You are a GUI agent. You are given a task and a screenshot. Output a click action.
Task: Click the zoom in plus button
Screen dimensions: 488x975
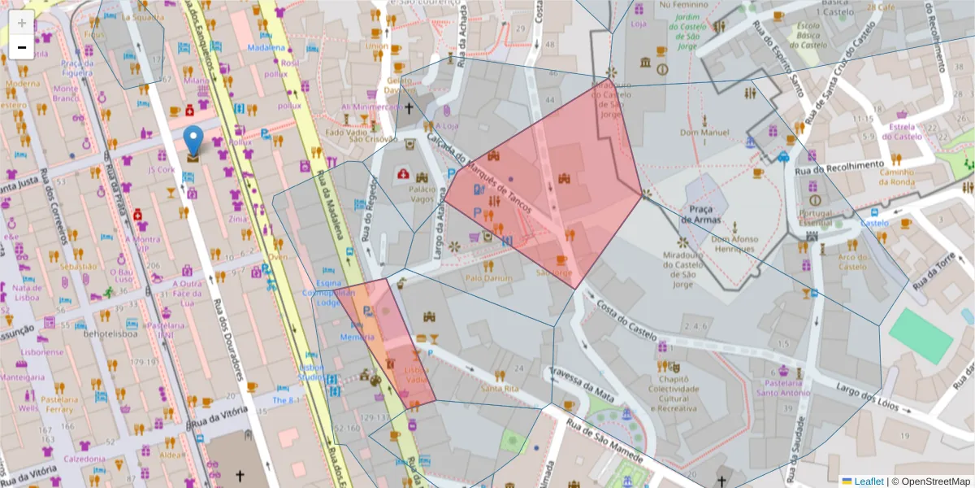coord(21,22)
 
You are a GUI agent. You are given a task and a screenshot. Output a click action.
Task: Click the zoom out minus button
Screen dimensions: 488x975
coord(21,47)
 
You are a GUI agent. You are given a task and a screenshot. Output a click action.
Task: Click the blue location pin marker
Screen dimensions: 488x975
coord(193,140)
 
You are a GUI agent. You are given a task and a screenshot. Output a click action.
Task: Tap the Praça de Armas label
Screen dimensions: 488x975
coord(695,215)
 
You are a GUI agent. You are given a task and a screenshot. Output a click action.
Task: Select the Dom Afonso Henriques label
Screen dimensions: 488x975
coord(734,245)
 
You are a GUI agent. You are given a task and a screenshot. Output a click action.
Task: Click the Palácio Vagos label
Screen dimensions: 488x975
coord(418,193)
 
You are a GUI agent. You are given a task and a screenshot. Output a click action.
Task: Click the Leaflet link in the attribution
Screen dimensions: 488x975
coord(869,481)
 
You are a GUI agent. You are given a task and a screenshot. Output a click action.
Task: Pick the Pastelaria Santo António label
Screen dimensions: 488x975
coord(783,387)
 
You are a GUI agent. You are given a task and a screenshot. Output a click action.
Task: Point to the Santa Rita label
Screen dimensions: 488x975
coord(500,389)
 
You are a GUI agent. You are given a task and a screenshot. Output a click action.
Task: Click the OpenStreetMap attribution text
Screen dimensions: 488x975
coord(934,481)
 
